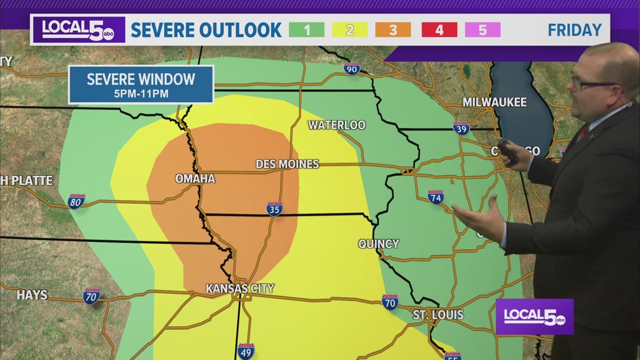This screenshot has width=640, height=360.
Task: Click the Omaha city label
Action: [x=195, y=179]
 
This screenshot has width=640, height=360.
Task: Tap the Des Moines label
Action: [x=287, y=164]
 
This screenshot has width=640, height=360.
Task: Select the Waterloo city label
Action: [x=336, y=125]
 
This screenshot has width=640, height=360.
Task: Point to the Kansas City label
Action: [x=240, y=288]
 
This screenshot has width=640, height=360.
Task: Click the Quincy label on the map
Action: [x=378, y=244]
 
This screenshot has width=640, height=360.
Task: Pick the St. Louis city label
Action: [x=438, y=315]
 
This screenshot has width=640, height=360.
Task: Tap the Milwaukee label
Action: [x=494, y=102]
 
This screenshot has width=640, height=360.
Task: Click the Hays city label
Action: [x=32, y=295]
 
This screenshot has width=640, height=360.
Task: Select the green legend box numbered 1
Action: [x=307, y=30]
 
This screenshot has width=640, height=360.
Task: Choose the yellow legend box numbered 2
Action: [x=350, y=30]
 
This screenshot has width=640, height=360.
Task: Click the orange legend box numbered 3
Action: [x=393, y=30]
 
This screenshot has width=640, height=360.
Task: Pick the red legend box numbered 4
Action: [x=438, y=30]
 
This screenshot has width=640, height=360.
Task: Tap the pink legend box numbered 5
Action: [x=483, y=30]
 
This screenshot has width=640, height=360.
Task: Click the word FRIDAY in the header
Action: [x=574, y=30]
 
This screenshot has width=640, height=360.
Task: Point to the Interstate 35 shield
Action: [x=274, y=209]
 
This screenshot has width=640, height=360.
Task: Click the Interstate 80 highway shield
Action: [x=76, y=202]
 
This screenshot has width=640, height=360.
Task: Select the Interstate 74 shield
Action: [x=435, y=197]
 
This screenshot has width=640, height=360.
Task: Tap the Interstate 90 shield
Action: [x=351, y=69]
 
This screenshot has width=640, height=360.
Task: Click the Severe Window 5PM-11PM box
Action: [x=141, y=84]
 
